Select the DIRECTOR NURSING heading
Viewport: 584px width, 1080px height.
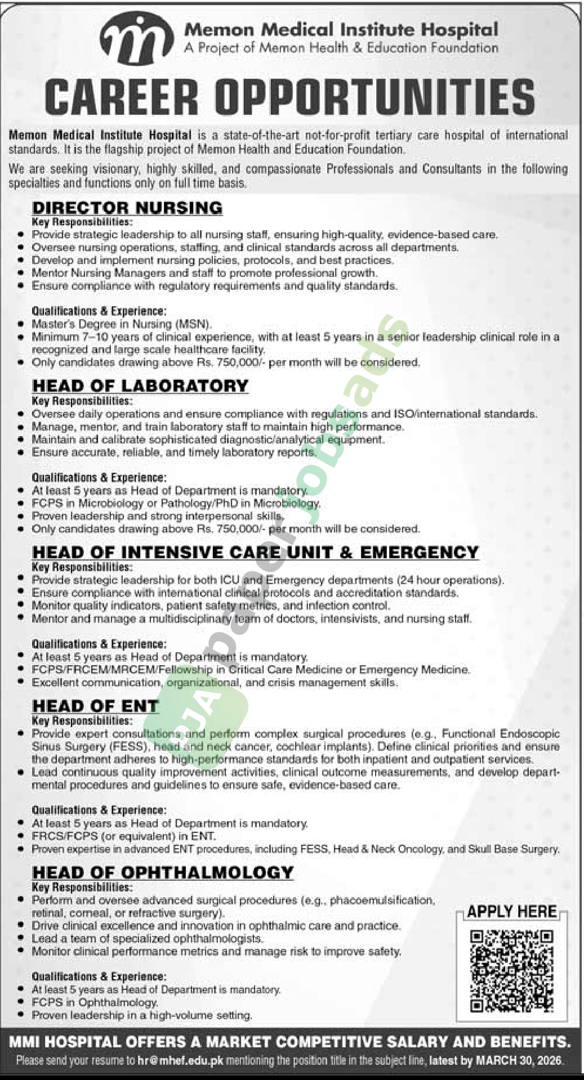pos(127,208)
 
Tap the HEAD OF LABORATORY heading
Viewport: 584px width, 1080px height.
pos(140,386)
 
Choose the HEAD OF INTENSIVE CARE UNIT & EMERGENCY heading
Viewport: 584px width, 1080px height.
pos(255,552)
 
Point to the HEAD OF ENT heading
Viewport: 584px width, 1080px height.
pos(95,706)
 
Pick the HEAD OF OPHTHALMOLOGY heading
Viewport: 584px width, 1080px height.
pos(163,873)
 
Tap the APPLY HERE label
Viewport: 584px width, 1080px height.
pos(511,911)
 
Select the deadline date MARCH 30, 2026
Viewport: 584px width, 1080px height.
pos(519,1061)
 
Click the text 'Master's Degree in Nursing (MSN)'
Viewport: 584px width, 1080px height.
pos(122,325)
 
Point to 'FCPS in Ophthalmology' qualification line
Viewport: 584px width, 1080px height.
pos(95,1002)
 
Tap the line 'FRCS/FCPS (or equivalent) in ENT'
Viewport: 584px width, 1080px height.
pos(124,836)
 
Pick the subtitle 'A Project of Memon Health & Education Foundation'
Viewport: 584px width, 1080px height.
pos(341,48)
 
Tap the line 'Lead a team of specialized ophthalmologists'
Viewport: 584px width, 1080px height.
pos(148,939)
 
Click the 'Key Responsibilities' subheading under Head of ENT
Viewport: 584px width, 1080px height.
pos(82,721)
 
